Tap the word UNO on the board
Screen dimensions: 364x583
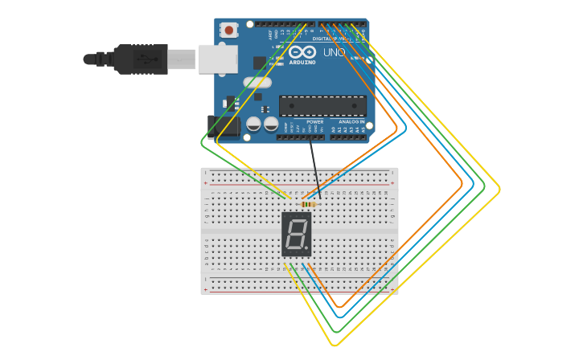(334, 53)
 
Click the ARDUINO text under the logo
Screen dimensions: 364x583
(302, 62)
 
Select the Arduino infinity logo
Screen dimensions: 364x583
(302, 52)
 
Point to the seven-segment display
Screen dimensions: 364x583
(297, 235)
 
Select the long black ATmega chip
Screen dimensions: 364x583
(322, 105)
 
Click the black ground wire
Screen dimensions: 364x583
(315, 169)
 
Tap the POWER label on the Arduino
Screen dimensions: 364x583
(314, 122)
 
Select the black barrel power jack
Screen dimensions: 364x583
(223, 126)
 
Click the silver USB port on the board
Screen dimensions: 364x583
(218, 59)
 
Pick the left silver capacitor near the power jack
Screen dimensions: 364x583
(254, 124)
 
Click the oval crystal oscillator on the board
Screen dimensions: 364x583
(257, 82)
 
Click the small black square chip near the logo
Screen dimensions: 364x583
(260, 63)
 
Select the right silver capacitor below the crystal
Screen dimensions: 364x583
(272, 124)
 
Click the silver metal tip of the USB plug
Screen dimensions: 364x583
(182, 59)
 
